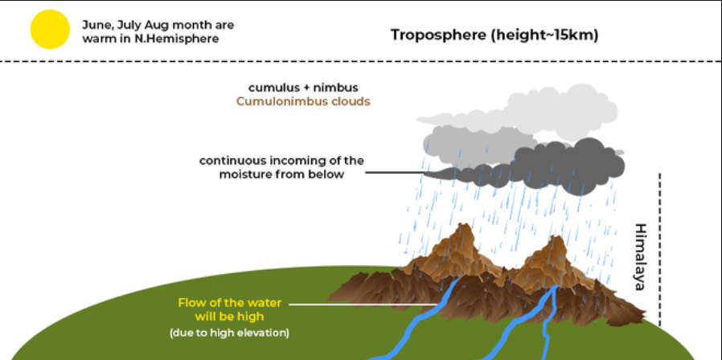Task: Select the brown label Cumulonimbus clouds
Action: pyautogui.click(x=303, y=102)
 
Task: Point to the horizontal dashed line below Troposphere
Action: pyautogui.click(x=361, y=62)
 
